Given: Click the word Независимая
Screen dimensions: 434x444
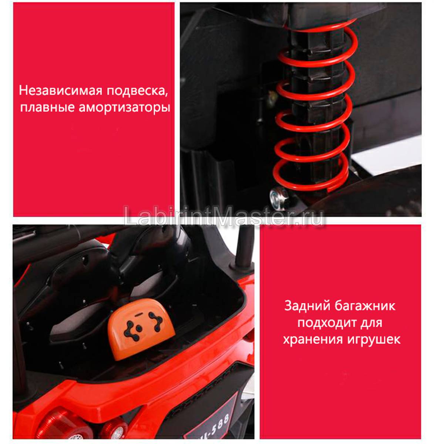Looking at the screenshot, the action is click(61, 90).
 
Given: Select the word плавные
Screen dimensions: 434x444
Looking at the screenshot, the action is click(47, 107).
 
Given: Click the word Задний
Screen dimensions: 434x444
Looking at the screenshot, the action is click(307, 306).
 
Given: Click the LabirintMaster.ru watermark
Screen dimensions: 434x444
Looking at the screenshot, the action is click(223, 216).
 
